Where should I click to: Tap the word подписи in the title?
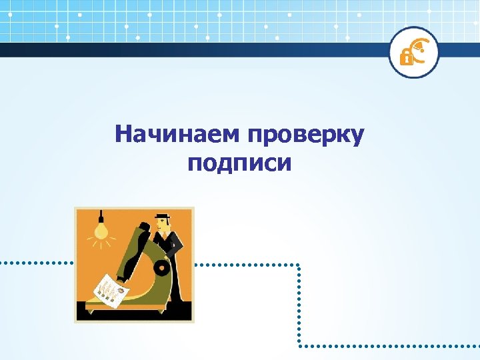239,163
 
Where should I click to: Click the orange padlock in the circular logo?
405,57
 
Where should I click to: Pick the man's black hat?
162,216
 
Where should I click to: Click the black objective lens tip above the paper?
121,276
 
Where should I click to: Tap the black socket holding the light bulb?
101,217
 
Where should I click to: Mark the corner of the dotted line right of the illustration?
299,265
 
